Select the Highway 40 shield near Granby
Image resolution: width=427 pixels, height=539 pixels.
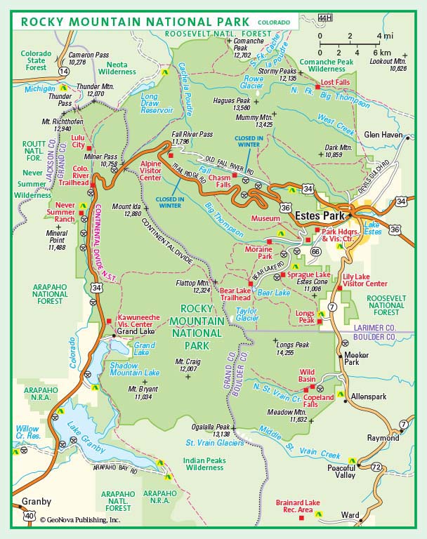click(29, 516)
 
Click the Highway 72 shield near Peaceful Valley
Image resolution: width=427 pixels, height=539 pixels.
click(377, 467)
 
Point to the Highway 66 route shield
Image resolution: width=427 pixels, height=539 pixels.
click(315, 251)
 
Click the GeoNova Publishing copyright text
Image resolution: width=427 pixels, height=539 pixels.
click(79, 520)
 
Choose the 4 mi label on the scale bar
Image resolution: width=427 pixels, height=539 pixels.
click(384, 35)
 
